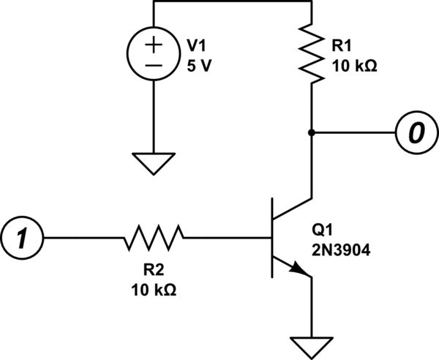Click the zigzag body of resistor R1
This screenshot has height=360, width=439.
[x=312, y=56]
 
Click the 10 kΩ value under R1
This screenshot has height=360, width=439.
[x=354, y=65]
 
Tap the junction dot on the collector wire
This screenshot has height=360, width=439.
[x=312, y=132]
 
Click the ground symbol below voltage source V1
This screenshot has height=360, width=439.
[x=154, y=162]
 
